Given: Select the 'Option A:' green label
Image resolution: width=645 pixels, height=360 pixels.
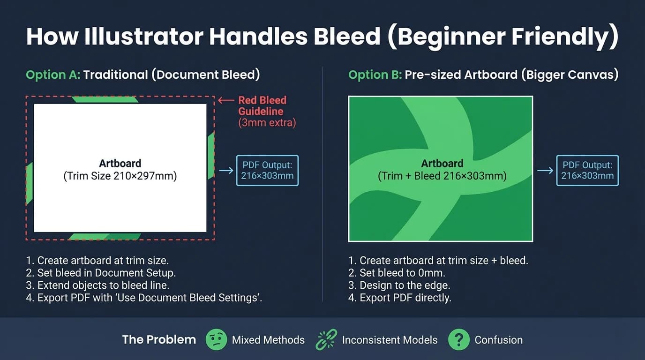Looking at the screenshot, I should click(x=52, y=75).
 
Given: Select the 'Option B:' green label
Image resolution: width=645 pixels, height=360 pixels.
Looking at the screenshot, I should click(x=375, y=75).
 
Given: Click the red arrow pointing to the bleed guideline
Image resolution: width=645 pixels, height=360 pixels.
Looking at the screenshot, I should click(x=226, y=100).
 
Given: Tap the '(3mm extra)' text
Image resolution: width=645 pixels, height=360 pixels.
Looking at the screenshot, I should click(x=267, y=123).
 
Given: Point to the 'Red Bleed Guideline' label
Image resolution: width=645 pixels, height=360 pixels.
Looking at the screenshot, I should click(x=262, y=105).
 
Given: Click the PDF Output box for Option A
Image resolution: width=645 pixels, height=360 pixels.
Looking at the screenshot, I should click(x=267, y=170).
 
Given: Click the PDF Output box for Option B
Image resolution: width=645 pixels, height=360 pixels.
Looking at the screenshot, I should click(x=587, y=170).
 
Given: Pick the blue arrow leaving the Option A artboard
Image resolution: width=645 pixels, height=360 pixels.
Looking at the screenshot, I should click(x=226, y=170).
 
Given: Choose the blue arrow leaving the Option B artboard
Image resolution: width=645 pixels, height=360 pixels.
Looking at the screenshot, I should click(x=545, y=171).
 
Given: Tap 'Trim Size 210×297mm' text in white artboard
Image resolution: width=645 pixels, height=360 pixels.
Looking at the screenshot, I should click(x=120, y=177).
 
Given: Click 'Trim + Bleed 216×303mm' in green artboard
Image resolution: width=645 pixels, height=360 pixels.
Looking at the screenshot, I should click(x=442, y=177).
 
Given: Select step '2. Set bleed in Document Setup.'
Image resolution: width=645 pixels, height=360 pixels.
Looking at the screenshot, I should click(x=101, y=273).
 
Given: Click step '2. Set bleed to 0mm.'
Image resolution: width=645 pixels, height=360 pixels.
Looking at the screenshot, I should click(x=397, y=273).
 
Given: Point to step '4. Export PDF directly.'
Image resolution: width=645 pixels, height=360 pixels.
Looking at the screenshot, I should click(x=400, y=298).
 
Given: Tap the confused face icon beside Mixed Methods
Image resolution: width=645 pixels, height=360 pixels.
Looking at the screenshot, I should click(x=216, y=339).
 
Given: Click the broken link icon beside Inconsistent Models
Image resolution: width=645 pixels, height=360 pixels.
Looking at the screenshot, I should click(x=326, y=339).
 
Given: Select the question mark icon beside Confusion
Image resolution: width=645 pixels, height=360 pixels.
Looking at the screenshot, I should click(x=458, y=339).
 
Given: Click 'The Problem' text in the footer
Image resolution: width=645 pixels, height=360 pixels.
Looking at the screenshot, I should click(x=159, y=340).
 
